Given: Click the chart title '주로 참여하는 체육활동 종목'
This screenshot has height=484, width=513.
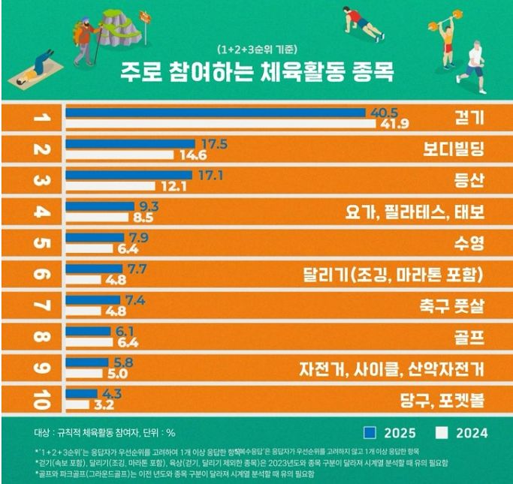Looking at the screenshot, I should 256,74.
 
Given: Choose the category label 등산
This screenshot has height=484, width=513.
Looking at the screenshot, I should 469,180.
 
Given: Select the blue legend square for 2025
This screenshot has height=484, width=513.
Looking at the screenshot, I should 369,432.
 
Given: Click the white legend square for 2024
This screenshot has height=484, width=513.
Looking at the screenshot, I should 442,432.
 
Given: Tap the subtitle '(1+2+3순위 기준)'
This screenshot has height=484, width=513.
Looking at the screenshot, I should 256,50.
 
